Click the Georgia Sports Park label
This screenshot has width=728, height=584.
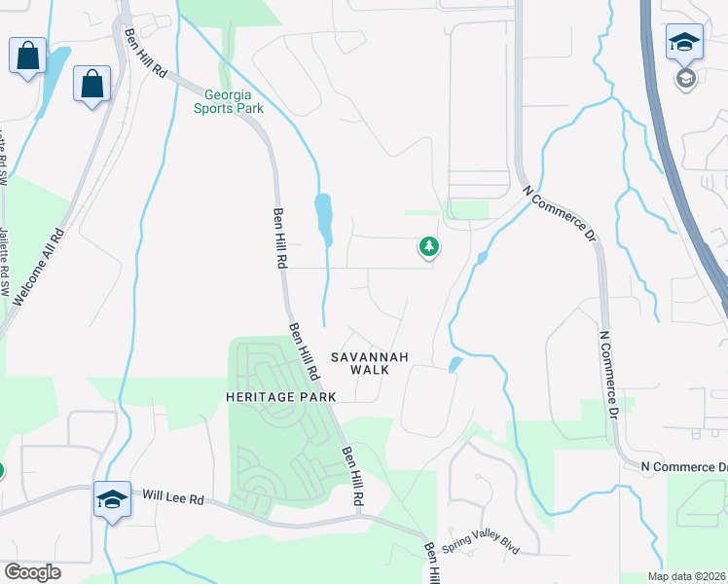click(229, 101)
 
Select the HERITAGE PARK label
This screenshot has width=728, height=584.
click(280, 397)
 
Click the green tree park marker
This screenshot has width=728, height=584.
click(428, 247)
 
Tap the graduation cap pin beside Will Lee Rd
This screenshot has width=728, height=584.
click(112, 500)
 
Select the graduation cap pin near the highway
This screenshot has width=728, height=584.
click(684, 44)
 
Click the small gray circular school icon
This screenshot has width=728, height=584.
click(685, 78)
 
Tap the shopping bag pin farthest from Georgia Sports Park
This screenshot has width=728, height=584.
click(27, 55)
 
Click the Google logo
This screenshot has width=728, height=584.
click(32, 572)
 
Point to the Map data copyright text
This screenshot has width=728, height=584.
click(684, 577)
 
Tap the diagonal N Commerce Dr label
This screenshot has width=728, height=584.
click(558, 214)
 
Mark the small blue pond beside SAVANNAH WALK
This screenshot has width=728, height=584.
click(455, 365)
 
